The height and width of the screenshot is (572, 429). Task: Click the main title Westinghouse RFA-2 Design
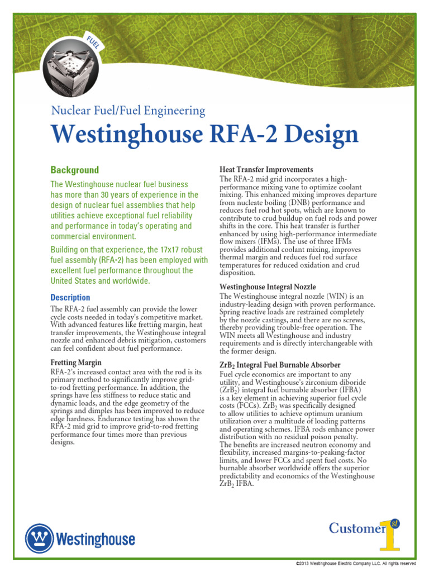[x=204, y=135]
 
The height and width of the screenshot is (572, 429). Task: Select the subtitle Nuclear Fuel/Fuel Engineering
[x=128, y=111]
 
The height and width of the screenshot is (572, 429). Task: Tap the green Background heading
[x=74, y=170]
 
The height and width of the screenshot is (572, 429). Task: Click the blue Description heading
[x=70, y=298]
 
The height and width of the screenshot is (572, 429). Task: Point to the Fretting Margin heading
[x=76, y=363]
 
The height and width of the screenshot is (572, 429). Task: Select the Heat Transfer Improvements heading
[x=266, y=169]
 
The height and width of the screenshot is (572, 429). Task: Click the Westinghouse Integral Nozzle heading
[x=275, y=287]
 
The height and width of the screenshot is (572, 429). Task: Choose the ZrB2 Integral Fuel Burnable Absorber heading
[x=280, y=365]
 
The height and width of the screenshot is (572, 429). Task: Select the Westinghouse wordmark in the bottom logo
[x=95, y=540]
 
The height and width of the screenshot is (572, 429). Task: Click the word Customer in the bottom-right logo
[x=357, y=528]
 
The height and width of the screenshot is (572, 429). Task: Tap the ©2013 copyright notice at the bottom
[x=355, y=564]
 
